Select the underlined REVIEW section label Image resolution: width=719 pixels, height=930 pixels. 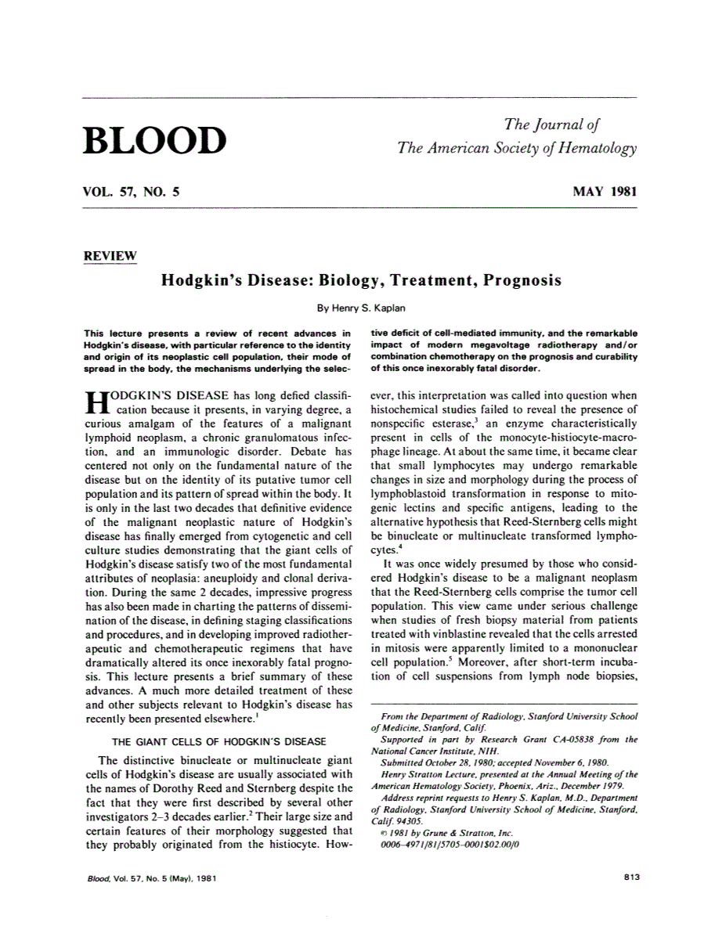click(110, 257)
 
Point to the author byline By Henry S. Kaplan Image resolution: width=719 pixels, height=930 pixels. click(361, 308)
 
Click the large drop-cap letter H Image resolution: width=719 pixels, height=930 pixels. click(94, 403)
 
